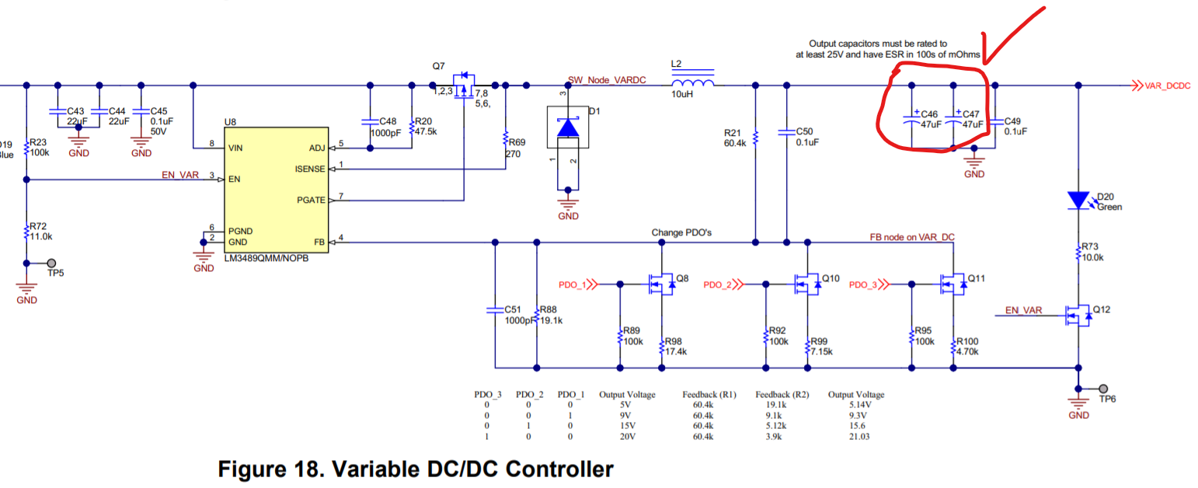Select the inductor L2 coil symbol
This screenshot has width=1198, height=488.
[x=693, y=84]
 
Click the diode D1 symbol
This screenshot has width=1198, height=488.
[x=569, y=127]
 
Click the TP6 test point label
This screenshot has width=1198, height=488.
[x=1106, y=399]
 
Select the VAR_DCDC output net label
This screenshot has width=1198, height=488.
[x=1168, y=85]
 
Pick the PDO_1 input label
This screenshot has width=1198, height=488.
[x=573, y=285]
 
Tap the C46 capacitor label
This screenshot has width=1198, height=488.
[x=928, y=114]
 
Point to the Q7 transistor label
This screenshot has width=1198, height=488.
[x=439, y=66]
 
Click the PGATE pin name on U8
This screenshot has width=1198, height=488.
[x=312, y=200]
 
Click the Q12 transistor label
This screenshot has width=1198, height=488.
[x=1102, y=309]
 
